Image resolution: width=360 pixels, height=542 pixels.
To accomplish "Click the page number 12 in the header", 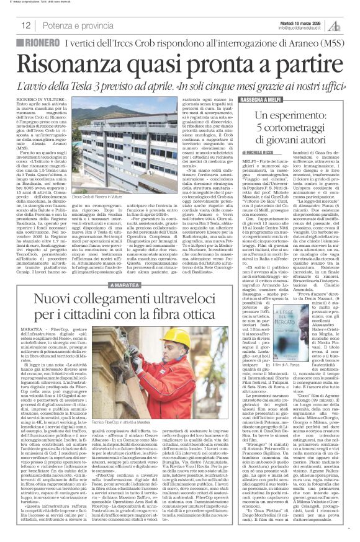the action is coord(26,25).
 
